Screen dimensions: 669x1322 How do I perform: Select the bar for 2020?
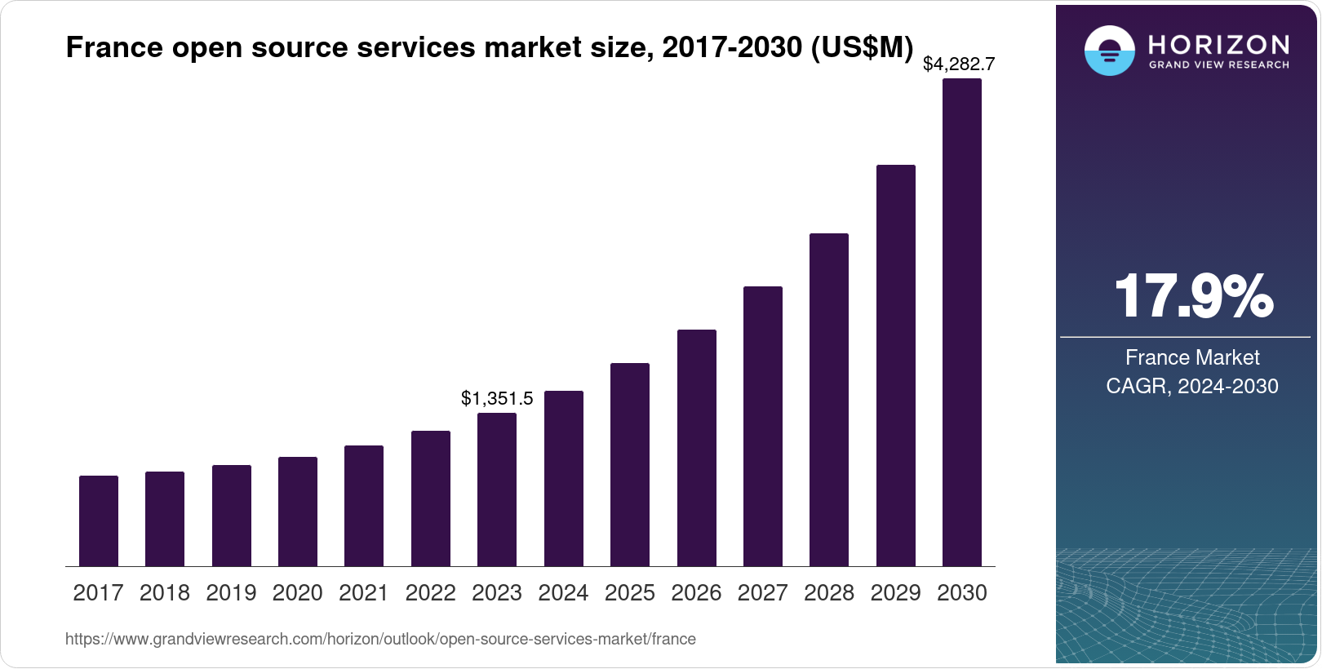click(298, 512)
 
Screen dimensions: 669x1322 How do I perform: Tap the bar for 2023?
click(497, 490)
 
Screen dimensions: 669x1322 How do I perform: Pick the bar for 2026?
click(697, 448)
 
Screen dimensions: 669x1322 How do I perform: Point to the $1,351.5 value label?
click(497, 398)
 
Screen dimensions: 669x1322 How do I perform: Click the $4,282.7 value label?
click(959, 64)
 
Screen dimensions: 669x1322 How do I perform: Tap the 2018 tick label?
click(165, 593)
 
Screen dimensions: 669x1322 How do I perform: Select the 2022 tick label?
click(430, 593)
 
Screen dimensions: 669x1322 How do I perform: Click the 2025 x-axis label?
click(630, 593)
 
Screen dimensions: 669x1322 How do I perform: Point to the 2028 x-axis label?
click(829, 593)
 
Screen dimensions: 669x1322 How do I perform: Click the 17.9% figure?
click(1192, 296)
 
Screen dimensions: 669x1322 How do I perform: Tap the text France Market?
click(1192, 357)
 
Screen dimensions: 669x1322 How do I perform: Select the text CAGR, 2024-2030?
click(1192, 386)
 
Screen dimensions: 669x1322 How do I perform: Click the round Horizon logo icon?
click(1109, 51)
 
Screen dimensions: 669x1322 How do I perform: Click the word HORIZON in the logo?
click(1218, 44)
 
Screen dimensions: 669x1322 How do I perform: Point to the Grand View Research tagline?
click(1218, 65)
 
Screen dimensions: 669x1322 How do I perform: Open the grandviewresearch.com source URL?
click(380, 640)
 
